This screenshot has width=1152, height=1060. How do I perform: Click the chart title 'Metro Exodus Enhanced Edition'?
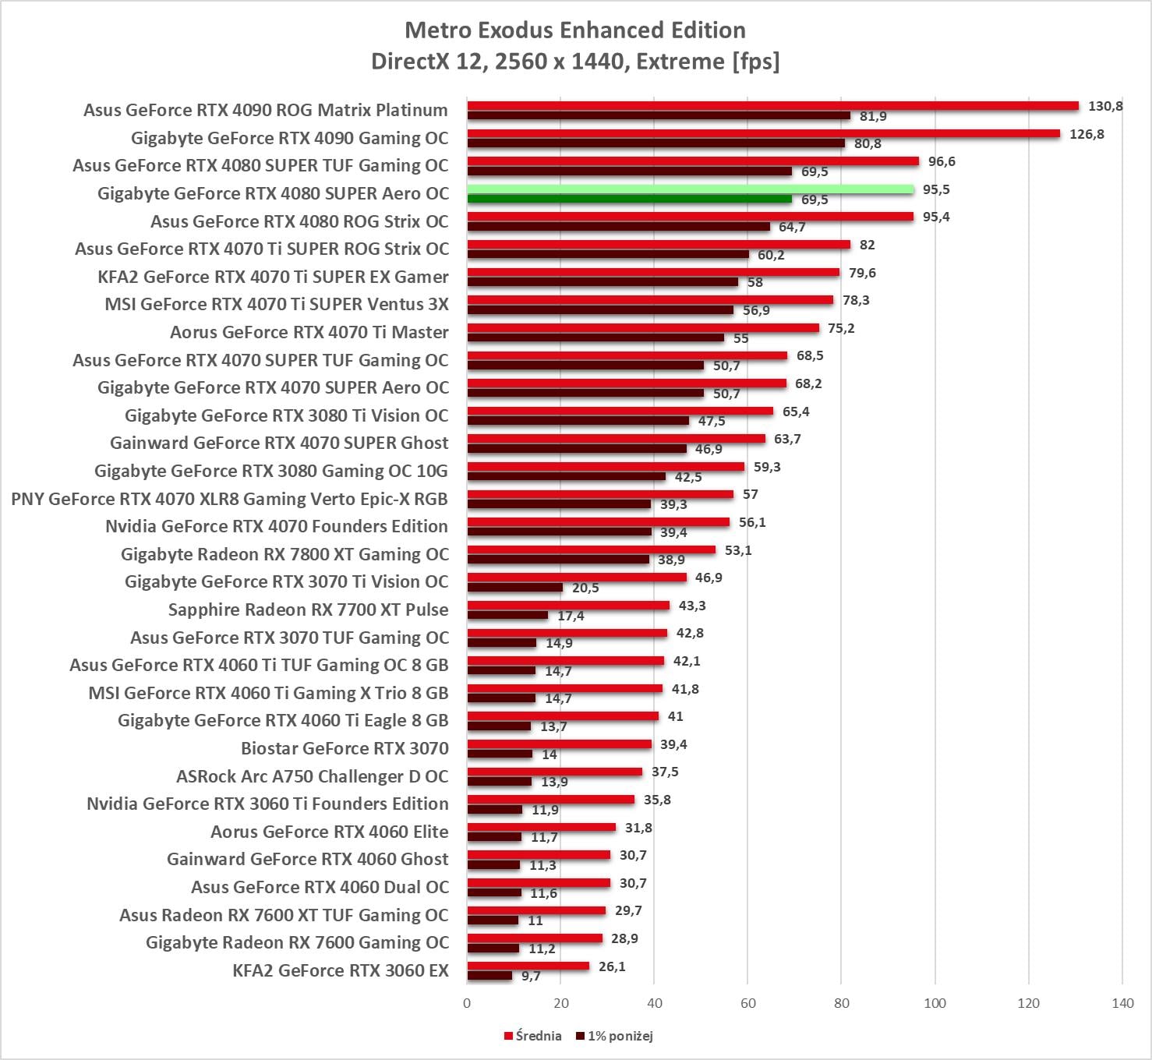click(575, 30)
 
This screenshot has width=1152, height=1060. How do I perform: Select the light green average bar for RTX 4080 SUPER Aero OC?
click(690, 189)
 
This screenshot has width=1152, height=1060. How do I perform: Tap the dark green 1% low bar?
click(629, 200)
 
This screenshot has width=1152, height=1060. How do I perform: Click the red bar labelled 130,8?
click(772, 106)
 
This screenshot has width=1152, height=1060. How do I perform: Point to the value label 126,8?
click(1087, 134)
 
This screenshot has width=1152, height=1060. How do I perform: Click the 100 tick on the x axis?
click(935, 1003)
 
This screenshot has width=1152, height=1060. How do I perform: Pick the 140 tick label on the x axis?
click(1122, 1003)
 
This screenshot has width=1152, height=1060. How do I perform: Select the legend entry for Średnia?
click(533, 1036)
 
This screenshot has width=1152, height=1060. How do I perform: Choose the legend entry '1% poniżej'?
click(614, 1036)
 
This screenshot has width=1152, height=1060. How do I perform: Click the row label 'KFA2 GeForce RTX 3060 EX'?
click(341, 970)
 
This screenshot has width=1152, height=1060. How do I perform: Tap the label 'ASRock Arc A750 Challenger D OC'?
click(313, 776)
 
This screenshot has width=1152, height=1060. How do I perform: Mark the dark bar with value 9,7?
click(489, 976)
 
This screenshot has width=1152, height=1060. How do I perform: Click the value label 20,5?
click(585, 588)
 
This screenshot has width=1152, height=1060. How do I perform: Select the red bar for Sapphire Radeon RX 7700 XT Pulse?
click(568, 606)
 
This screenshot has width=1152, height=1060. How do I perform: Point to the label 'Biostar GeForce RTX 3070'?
click(345, 748)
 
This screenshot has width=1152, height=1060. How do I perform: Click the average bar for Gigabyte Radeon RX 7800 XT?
click(591, 550)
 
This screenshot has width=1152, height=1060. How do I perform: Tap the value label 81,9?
click(873, 116)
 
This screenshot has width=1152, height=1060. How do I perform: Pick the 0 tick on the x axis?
click(467, 1003)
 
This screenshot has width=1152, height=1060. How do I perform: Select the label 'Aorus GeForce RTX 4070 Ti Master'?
click(309, 332)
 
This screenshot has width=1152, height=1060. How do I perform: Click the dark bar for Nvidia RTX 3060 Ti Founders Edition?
click(494, 810)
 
